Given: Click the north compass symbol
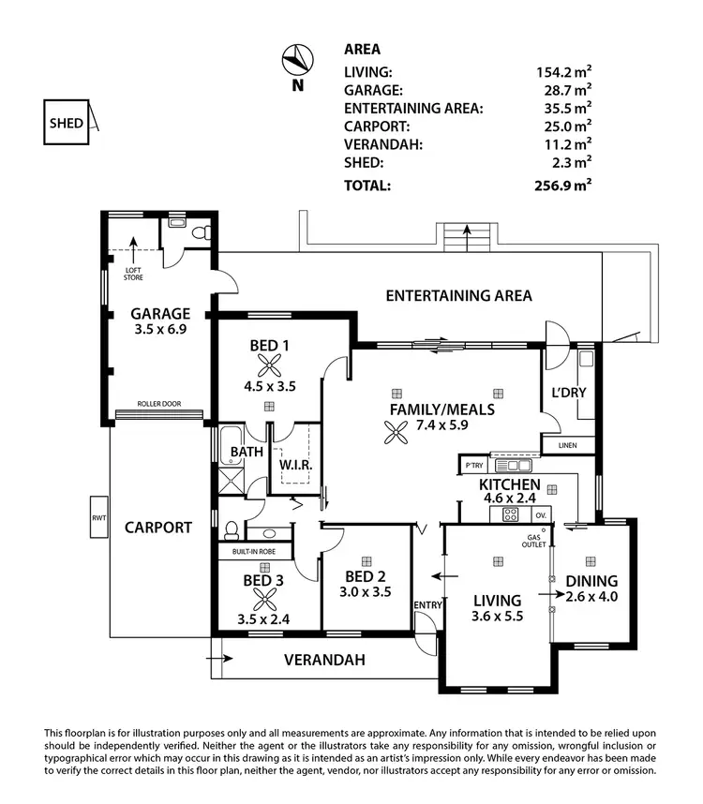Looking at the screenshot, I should click(x=297, y=61).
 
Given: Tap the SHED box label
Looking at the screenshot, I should click(x=67, y=123).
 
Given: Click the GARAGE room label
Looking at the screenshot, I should click(x=160, y=314).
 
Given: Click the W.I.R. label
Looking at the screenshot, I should click(x=295, y=466).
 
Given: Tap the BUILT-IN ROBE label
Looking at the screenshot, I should click(x=256, y=553).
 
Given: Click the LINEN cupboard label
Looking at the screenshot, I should click(x=567, y=446).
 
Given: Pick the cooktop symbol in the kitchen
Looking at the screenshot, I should click(x=511, y=514).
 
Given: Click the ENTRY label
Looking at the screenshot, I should click(x=427, y=605).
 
